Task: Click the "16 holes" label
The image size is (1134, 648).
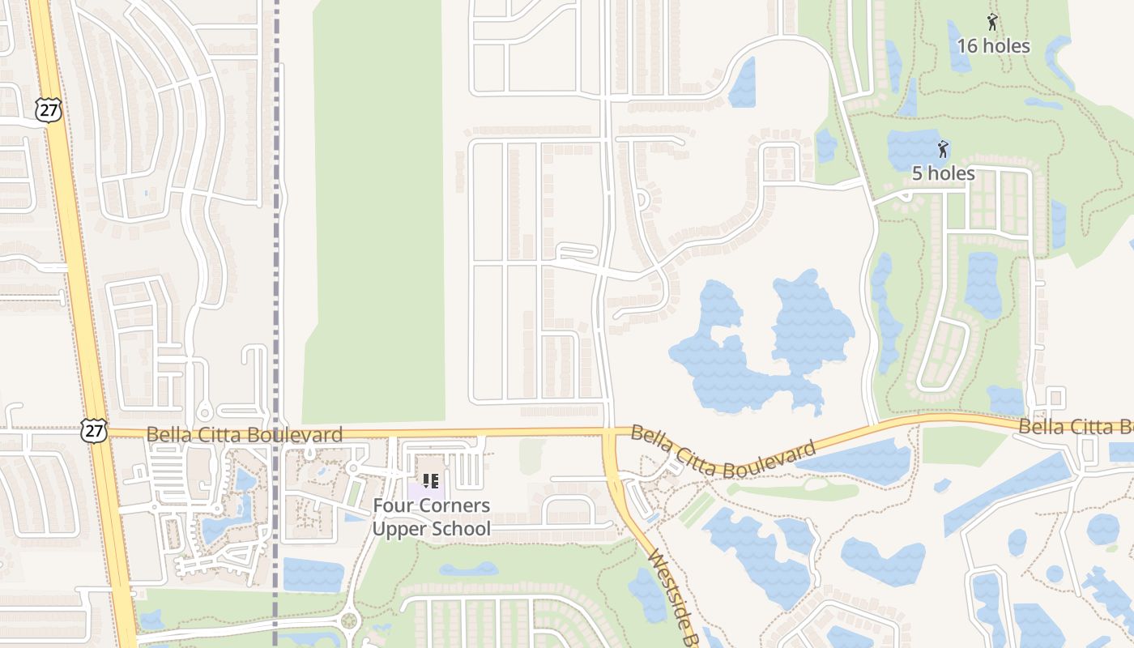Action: pos(993,46)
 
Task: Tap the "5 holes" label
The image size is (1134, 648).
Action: pos(943,173)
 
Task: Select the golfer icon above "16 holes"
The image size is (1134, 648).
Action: pos(992,22)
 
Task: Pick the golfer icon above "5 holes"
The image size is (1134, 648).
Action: pos(942,149)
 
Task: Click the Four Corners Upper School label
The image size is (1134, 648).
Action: pos(431,518)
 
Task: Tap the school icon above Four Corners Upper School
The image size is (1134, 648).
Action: pos(431,481)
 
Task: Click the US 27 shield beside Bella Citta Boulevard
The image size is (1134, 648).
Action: pos(94,430)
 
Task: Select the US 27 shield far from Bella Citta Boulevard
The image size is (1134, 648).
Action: pos(49,110)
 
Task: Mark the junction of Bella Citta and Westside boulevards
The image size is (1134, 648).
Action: pos(609,432)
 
